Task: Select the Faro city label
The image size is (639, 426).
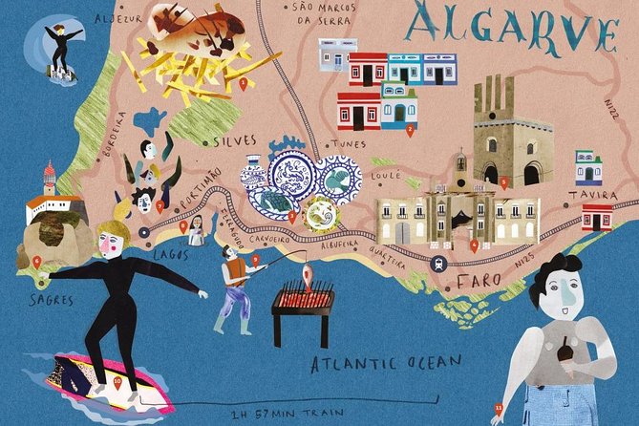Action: pyautogui.click(x=478, y=282)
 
